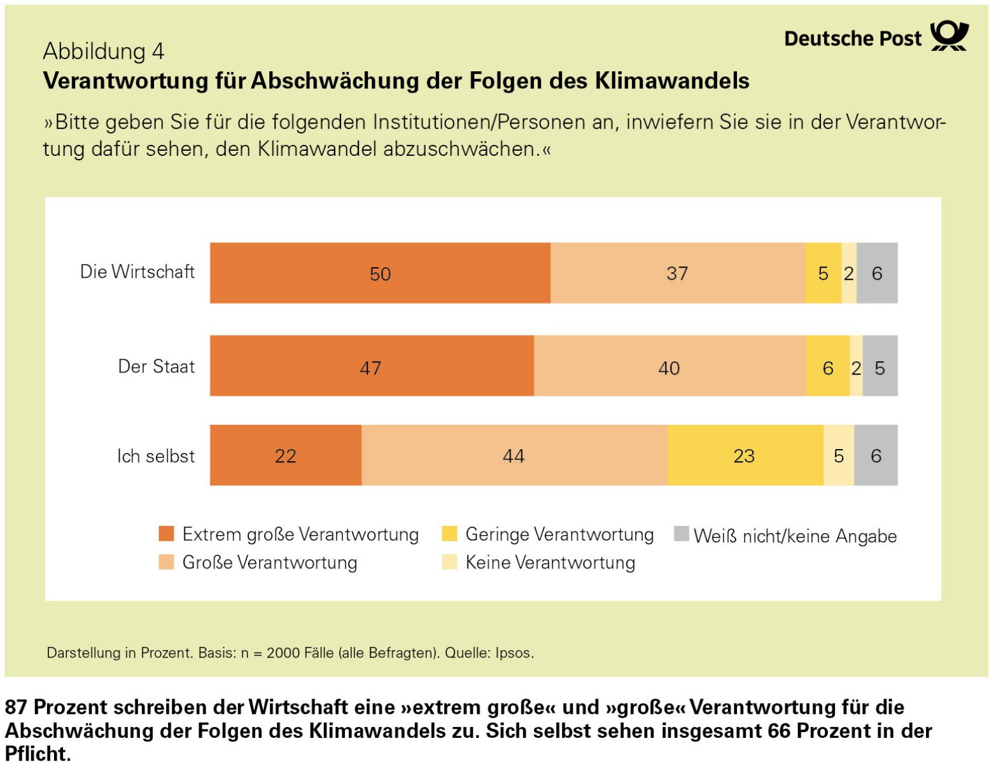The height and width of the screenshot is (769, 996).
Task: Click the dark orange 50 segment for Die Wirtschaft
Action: (380, 273)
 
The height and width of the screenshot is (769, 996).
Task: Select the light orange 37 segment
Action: (677, 273)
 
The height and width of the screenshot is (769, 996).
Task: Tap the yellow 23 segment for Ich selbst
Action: (745, 455)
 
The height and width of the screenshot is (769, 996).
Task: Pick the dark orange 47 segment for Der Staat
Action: (372, 366)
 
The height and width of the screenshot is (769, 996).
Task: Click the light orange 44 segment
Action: (514, 455)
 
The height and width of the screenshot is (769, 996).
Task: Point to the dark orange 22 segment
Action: (286, 455)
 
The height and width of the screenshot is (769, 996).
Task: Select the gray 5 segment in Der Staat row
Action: (880, 366)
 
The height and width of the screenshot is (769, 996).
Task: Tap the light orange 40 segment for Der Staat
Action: (670, 366)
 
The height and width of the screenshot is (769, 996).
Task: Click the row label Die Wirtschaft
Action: (137, 272)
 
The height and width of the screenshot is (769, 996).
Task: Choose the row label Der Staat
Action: (157, 366)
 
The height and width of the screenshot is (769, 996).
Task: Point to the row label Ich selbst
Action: (156, 456)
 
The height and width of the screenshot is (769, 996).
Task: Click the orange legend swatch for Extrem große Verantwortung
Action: (166, 534)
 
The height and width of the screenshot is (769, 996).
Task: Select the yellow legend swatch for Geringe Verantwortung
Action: (450, 534)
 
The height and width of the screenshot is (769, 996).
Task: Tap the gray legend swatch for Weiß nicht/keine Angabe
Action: (682, 534)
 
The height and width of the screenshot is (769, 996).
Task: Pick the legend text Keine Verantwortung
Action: (551, 562)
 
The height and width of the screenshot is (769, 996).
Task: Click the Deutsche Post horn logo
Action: (950, 35)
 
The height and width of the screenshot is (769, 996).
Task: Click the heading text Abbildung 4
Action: (104, 51)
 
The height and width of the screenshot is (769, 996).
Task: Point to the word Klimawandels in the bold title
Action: (673, 81)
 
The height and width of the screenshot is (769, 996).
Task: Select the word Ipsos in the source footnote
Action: (514, 653)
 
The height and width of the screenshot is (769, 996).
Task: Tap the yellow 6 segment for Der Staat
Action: (828, 366)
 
